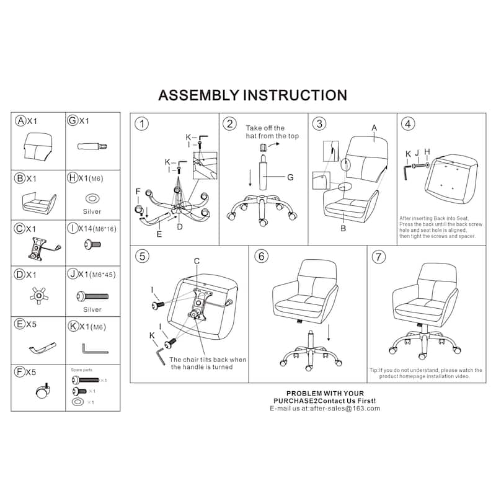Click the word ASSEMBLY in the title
[198, 95]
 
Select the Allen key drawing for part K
[94, 347]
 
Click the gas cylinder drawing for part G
[92, 147]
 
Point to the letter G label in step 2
[289, 177]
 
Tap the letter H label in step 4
[427, 153]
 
